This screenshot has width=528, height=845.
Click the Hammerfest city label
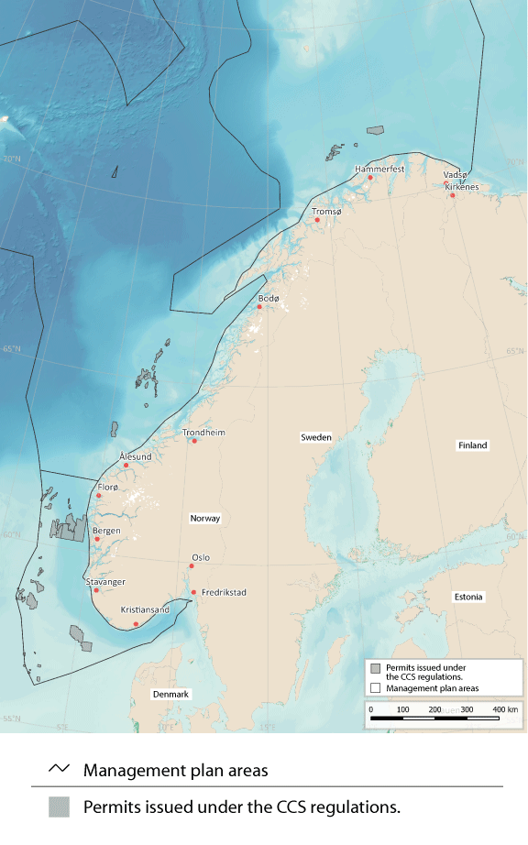(x=379, y=170)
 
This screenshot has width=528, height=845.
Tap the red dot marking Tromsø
(x=317, y=220)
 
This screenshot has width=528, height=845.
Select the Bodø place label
(x=268, y=299)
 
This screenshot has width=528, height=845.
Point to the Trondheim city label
(x=203, y=432)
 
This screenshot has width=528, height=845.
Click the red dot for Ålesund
(x=126, y=466)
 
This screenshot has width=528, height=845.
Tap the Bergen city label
(x=106, y=531)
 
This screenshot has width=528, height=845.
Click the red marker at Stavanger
(x=95, y=590)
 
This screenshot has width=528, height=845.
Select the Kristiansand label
(x=145, y=610)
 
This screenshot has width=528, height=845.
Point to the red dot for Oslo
(x=191, y=565)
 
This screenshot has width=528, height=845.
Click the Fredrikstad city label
(x=224, y=593)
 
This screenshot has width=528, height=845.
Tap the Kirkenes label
(x=462, y=187)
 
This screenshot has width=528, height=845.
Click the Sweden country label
(x=315, y=438)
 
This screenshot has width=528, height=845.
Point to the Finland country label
(x=473, y=445)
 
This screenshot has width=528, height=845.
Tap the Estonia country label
(x=468, y=598)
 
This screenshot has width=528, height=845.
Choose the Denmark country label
(x=170, y=695)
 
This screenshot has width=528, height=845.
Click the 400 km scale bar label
(x=504, y=709)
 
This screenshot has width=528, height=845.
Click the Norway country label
(x=205, y=519)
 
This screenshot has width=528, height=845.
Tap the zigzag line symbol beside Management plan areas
(x=59, y=770)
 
